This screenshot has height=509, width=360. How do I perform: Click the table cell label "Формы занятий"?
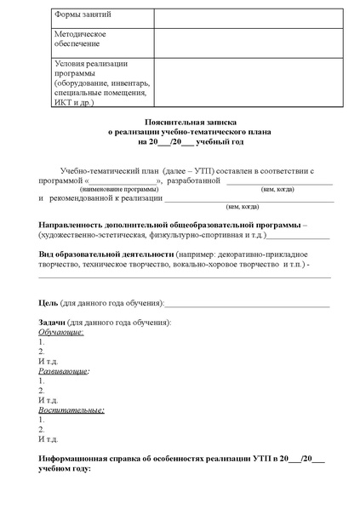click(83, 15)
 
